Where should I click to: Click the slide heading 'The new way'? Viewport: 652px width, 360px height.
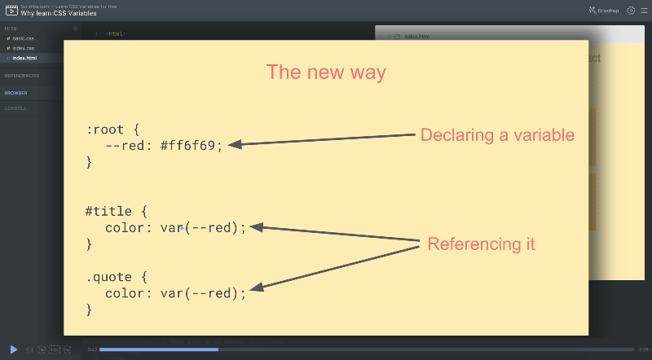(326, 72)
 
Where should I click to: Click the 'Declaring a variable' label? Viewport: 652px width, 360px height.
(497, 135)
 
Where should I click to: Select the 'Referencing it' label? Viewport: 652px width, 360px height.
(481, 244)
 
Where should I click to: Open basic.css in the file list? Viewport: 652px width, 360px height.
(22, 38)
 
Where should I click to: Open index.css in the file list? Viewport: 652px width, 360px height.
(23, 48)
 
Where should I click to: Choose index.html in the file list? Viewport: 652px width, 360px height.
(24, 58)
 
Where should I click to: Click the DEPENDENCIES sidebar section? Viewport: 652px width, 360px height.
(22, 76)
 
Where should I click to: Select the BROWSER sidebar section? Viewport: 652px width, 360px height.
(15, 93)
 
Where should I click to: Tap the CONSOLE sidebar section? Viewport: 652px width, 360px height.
(15, 108)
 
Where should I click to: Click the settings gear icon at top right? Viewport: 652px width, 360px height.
(631, 11)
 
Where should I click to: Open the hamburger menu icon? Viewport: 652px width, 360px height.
(643, 11)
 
